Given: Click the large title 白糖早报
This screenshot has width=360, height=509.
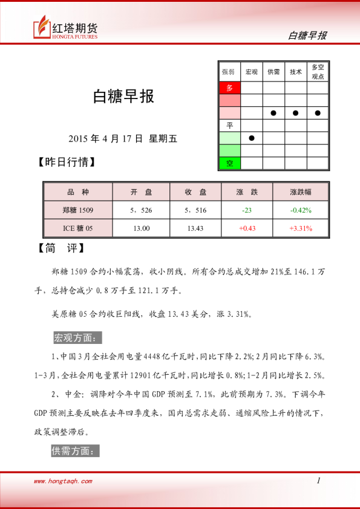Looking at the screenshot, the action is point(123,97).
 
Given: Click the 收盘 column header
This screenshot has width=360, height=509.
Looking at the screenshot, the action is point(197,192).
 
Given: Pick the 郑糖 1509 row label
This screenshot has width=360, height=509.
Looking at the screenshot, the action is point(78,210).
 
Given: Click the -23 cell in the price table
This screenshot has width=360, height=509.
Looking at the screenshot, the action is point(246,210).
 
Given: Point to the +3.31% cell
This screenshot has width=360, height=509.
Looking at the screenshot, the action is point(301,229).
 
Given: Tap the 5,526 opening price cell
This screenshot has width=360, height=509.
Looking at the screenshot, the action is point(141,210).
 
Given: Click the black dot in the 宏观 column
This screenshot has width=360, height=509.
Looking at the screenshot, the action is point(252,138).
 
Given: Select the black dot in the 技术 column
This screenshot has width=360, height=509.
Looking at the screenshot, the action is point(296,113).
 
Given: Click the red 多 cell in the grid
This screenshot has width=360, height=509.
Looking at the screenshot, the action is point(229,88).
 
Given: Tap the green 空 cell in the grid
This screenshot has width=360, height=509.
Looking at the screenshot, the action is point(229,163).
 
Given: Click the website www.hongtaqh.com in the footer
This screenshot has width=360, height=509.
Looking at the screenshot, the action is point(63,481).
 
